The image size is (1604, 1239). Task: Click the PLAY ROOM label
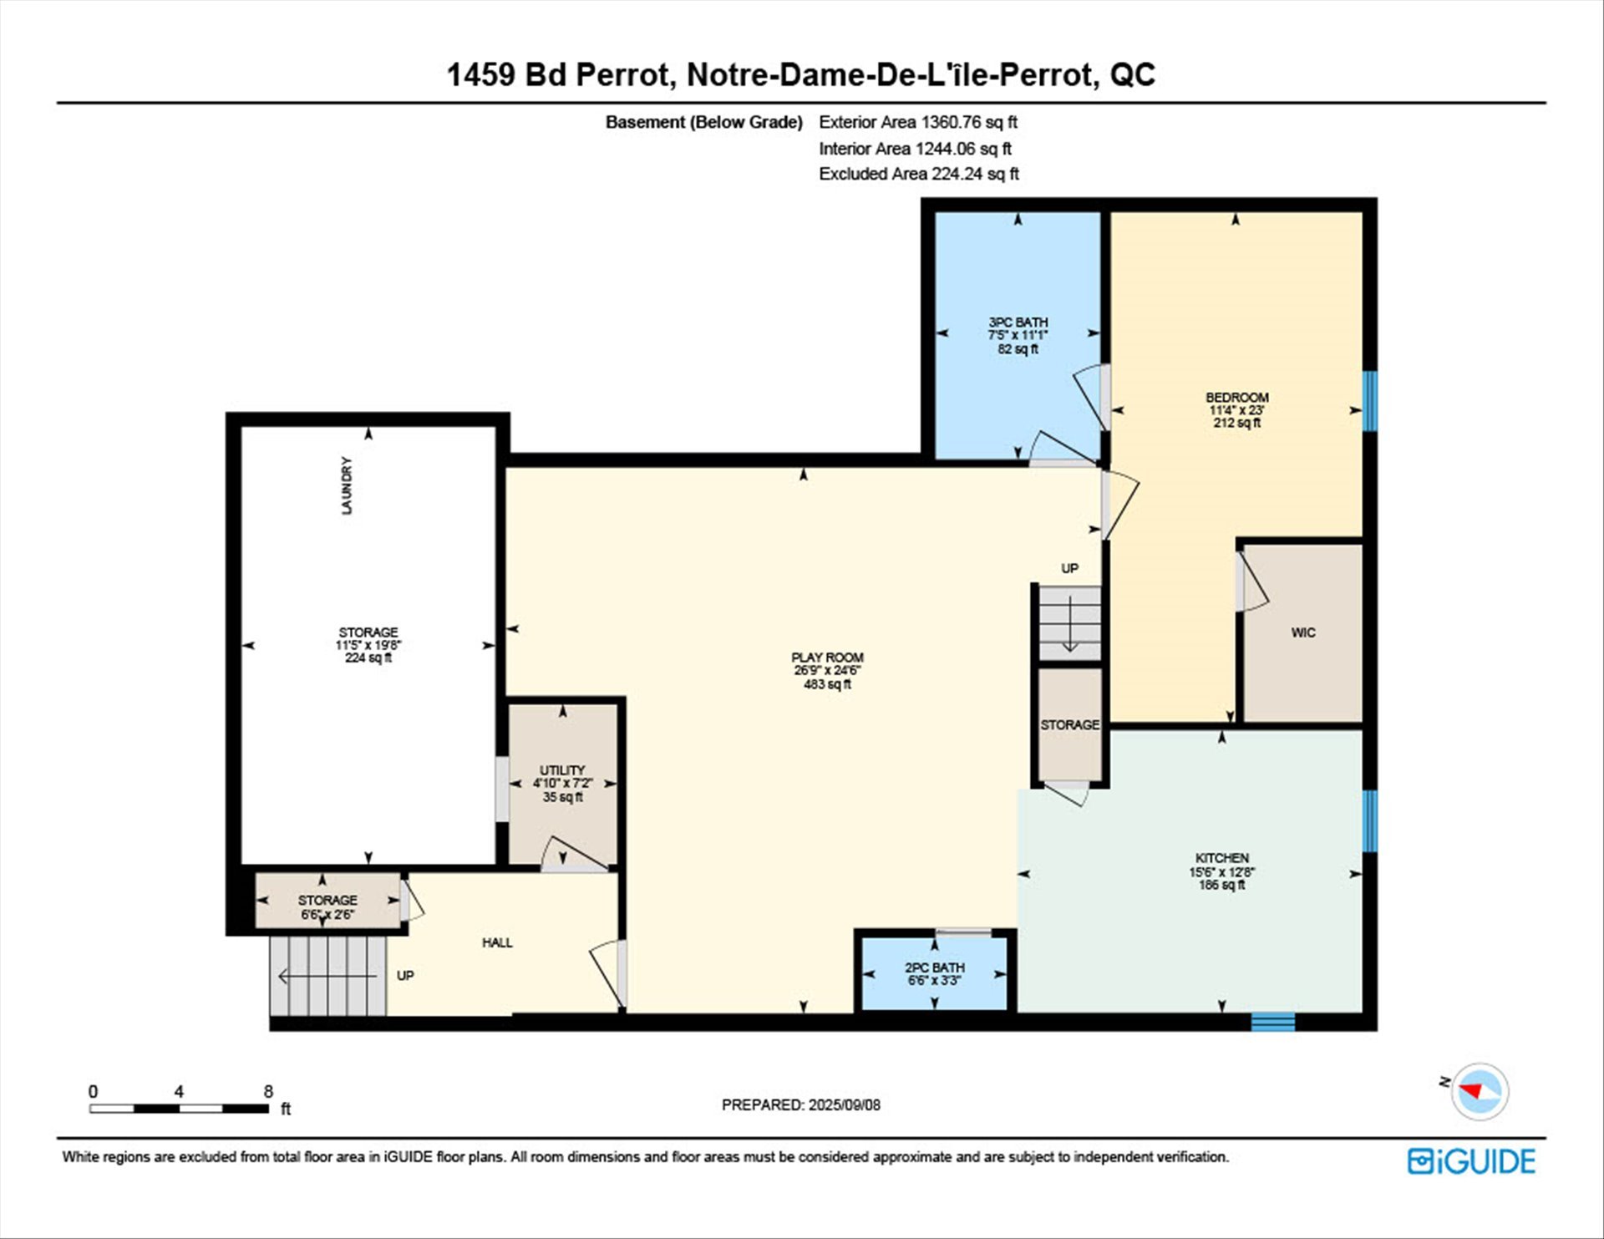click(827, 658)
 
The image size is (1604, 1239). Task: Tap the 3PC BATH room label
click(1018, 322)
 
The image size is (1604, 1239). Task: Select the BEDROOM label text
click(1236, 397)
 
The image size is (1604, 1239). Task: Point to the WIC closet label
click(1303, 632)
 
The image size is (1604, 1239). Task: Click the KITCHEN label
click(1221, 858)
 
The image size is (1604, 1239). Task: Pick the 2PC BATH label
click(934, 967)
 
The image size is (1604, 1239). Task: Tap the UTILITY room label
click(562, 769)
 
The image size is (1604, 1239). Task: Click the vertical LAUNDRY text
click(347, 485)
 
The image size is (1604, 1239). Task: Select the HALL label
click(497, 942)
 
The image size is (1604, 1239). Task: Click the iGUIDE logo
click(1471, 1161)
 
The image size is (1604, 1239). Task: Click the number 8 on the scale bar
click(268, 1091)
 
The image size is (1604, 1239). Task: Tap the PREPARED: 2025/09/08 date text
click(801, 1104)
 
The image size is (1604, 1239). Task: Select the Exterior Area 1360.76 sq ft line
click(918, 122)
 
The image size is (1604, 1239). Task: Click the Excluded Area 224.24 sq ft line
click(919, 174)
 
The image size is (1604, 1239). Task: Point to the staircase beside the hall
click(328, 975)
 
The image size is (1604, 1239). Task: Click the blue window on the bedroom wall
click(1370, 401)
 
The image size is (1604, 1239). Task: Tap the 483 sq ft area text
click(827, 684)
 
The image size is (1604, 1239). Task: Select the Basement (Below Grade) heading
click(704, 122)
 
